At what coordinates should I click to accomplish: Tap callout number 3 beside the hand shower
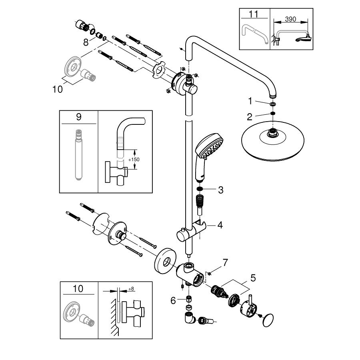coord(220,190)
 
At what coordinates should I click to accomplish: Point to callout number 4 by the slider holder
coord(220,225)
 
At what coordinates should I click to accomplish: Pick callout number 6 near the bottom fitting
coord(173,300)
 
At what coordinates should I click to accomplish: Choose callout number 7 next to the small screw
coord(225,263)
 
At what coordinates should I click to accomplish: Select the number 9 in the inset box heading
coord(78,117)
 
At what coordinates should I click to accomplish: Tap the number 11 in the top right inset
coord(254,15)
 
